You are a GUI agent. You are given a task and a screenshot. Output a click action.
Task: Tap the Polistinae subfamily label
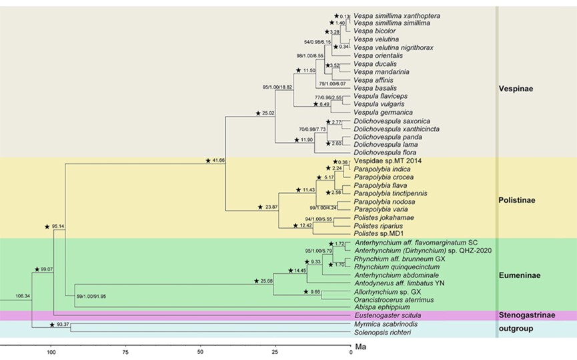(518, 199)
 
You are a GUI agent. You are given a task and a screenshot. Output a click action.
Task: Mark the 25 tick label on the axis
(274, 352)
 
